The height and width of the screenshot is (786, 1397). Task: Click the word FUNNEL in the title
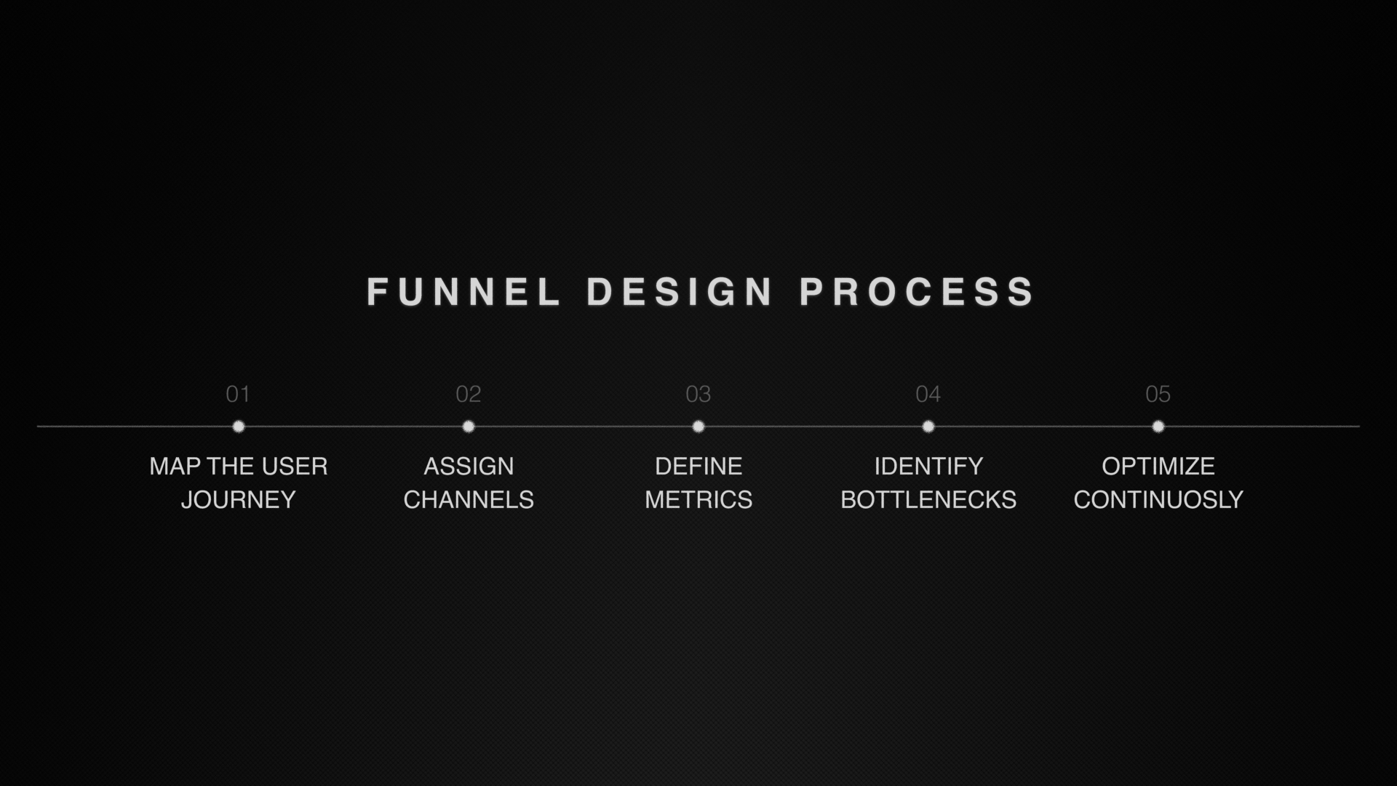(463, 292)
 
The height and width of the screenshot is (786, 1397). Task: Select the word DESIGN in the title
(680, 292)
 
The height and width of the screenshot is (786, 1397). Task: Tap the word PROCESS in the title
(916, 292)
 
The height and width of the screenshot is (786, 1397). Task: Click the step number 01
(238, 394)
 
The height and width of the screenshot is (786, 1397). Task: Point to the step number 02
(469, 394)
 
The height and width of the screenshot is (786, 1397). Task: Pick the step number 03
(698, 394)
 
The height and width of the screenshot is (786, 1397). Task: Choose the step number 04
(928, 394)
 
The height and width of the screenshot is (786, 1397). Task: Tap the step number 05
(1158, 394)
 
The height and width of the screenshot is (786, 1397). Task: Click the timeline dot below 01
(239, 426)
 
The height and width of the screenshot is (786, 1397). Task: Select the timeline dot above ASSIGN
(469, 426)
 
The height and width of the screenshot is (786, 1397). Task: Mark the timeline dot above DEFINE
(698, 426)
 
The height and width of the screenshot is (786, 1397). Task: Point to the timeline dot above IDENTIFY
(928, 426)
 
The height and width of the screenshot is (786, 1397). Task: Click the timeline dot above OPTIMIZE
(1158, 426)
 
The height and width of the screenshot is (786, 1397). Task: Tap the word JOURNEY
(239, 500)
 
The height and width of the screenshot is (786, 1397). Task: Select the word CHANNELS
(469, 500)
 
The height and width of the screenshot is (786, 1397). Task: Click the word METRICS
(698, 500)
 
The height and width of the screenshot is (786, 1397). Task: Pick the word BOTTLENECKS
(928, 500)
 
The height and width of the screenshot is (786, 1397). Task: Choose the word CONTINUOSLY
(1158, 500)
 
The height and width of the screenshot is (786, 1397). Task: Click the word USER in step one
(295, 467)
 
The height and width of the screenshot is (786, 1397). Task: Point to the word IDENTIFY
(928, 467)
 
